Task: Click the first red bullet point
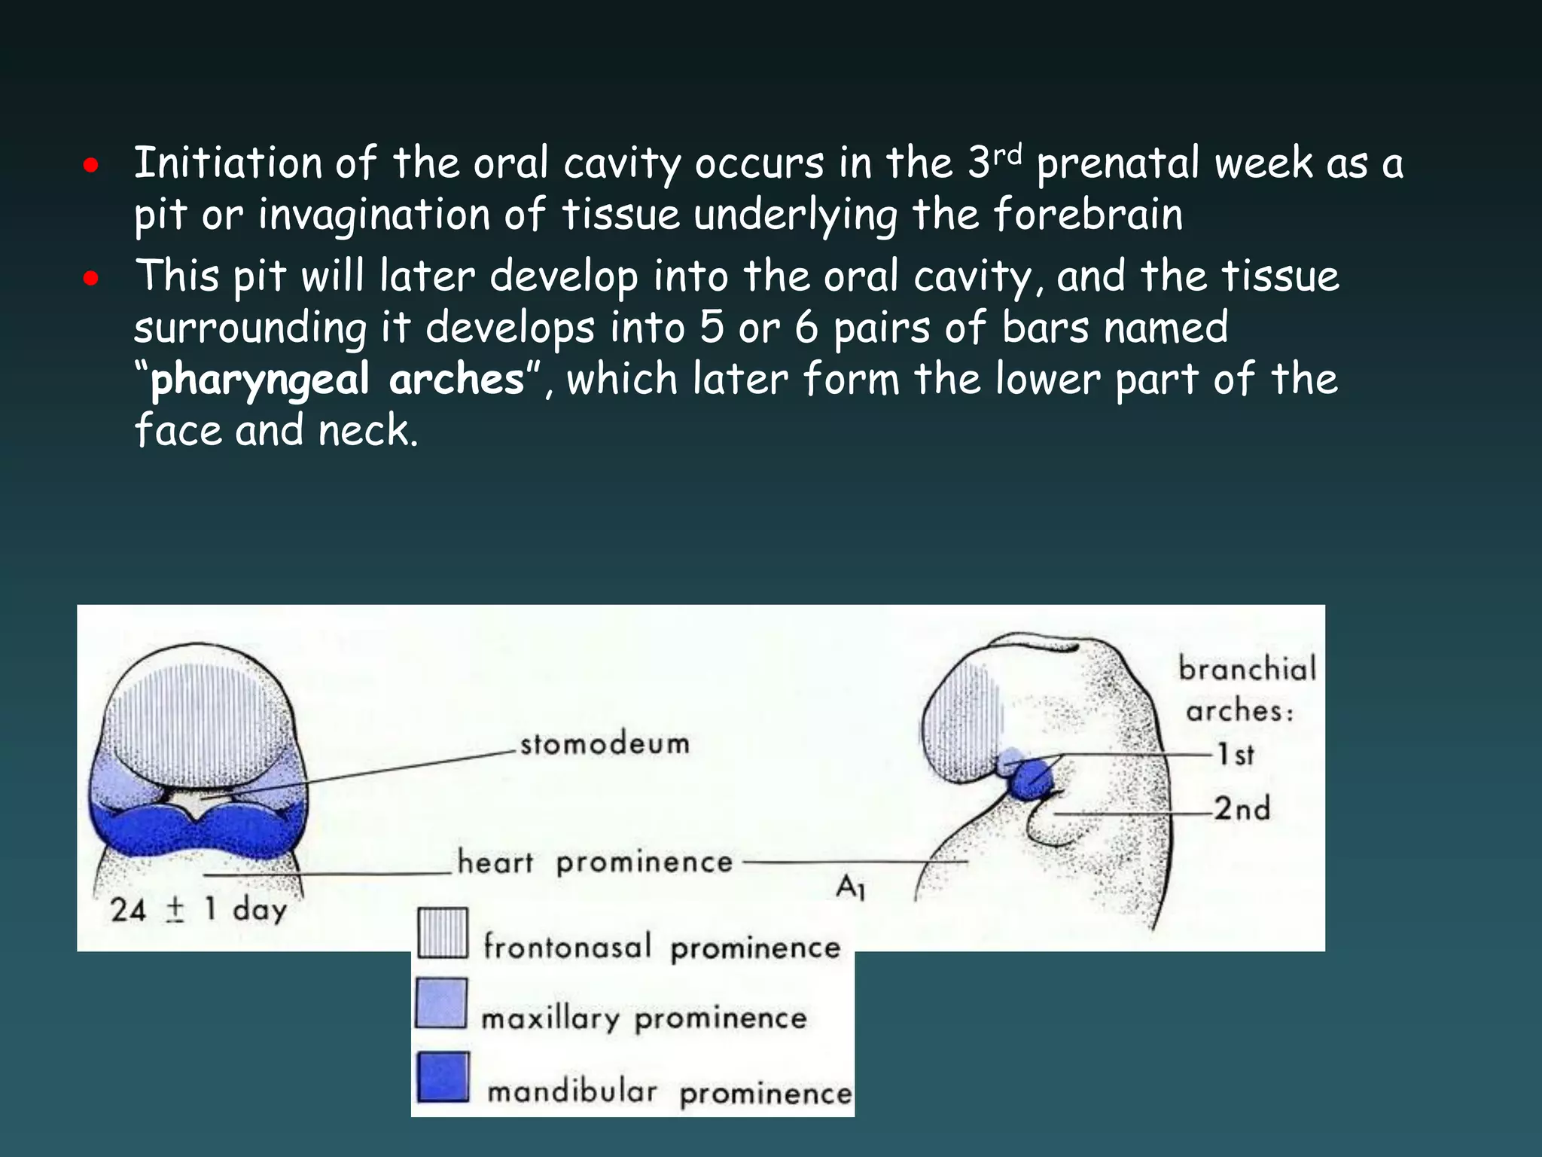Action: coord(91,166)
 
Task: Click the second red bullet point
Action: coord(91,279)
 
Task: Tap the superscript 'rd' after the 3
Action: coord(1007,154)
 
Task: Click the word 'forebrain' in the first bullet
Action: coord(1088,215)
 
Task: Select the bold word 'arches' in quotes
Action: coord(456,379)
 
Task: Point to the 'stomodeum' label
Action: coord(605,744)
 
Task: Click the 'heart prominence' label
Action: coord(595,862)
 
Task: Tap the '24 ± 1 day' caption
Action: coord(199,909)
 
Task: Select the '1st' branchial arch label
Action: coord(1236,754)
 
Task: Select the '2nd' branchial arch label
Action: coord(1242,809)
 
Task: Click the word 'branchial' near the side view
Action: coord(1247,669)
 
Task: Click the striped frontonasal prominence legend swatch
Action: coord(443,933)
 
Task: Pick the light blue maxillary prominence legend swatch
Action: coord(442,1003)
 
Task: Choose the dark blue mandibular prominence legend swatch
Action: coord(443,1077)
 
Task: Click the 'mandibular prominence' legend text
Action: coord(669,1092)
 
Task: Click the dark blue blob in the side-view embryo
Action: coord(1030,780)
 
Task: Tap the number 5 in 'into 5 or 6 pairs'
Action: coord(712,328)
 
